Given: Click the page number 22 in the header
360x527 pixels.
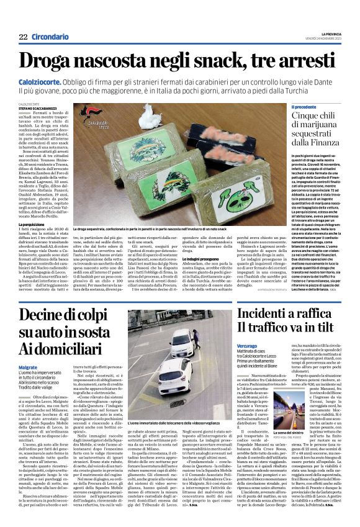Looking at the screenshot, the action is [23, 37].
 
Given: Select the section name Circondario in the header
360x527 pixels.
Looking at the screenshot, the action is [50, 37].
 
